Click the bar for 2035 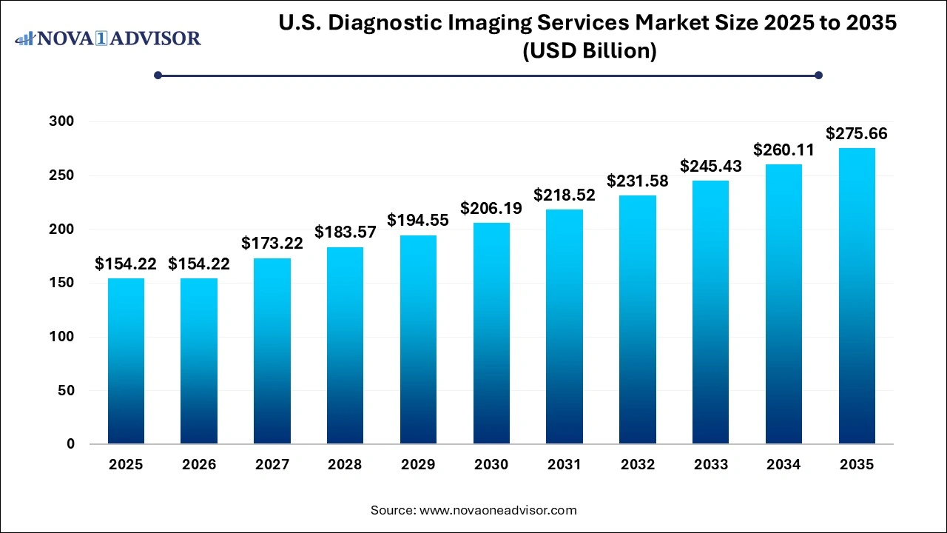pos(857,296)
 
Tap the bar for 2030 pos(491,333)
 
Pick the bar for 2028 pos(345,345)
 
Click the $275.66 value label pos(857,134)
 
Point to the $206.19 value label pos(491,209)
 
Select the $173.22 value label pos(272,243)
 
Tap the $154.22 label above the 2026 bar pos(199,264)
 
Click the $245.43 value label pos(711,167)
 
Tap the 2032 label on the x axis pos(638,465)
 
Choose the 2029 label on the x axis pos(418,465)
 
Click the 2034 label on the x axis pos(783,465)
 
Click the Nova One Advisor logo pos(108,38)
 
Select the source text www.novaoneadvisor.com pos(498,510)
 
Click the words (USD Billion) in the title pos(589,52)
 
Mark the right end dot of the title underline pos(818,75)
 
